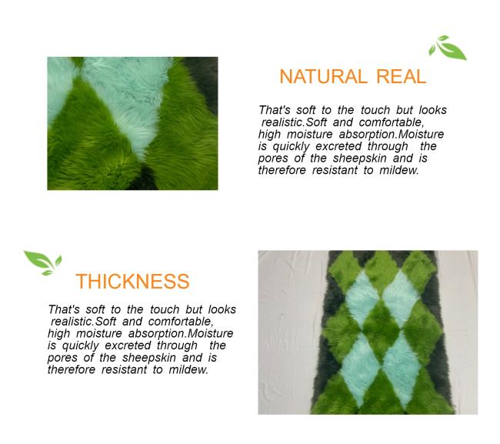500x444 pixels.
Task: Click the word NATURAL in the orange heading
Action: (322, 76)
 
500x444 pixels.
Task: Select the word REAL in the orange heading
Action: (401, 76)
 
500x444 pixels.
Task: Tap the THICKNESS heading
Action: (132, 282)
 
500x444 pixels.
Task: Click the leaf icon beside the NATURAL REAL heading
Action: (447, 48)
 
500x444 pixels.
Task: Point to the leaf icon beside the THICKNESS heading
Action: (43, 263)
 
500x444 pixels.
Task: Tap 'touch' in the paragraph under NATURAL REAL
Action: (375, 110)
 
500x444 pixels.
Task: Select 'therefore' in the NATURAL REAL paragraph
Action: (282, 170)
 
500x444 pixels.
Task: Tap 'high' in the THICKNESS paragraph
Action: (58, 334)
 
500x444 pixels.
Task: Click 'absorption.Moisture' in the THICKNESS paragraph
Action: (181, 334)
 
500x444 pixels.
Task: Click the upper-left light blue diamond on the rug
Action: (362, 297)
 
